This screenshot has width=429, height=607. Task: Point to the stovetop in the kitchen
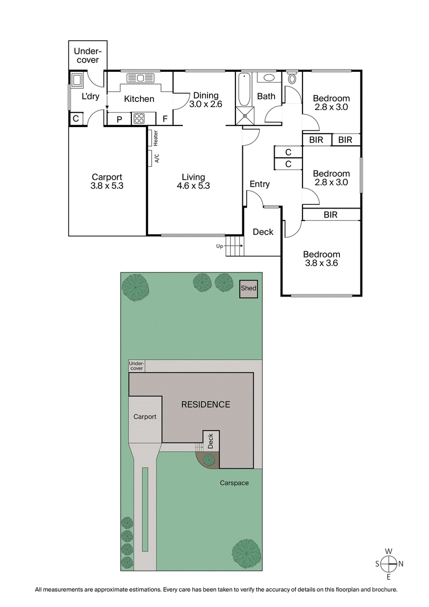click(139, 119)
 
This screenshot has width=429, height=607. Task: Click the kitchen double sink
click(140, 78)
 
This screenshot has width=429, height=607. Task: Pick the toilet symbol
click(292, 78)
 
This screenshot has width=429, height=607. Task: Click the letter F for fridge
click(165, 119)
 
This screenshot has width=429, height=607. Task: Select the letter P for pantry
click(119, 119)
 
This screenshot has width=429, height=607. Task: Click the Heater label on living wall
click(156, 138)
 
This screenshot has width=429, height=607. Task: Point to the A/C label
click(157, 159)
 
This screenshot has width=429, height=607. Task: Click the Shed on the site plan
click(249, 289)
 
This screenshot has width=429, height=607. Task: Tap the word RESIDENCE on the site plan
click(205, 404)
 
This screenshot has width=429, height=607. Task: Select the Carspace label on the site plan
click(234, 483)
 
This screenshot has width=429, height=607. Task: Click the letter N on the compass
click(401, 563)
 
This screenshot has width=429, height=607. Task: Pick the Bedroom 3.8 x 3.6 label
click(321, 259)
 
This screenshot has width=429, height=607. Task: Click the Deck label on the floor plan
click(263, 232)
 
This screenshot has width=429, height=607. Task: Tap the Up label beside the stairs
click(218, 247)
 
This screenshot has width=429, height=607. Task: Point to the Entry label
click(260, 184)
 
